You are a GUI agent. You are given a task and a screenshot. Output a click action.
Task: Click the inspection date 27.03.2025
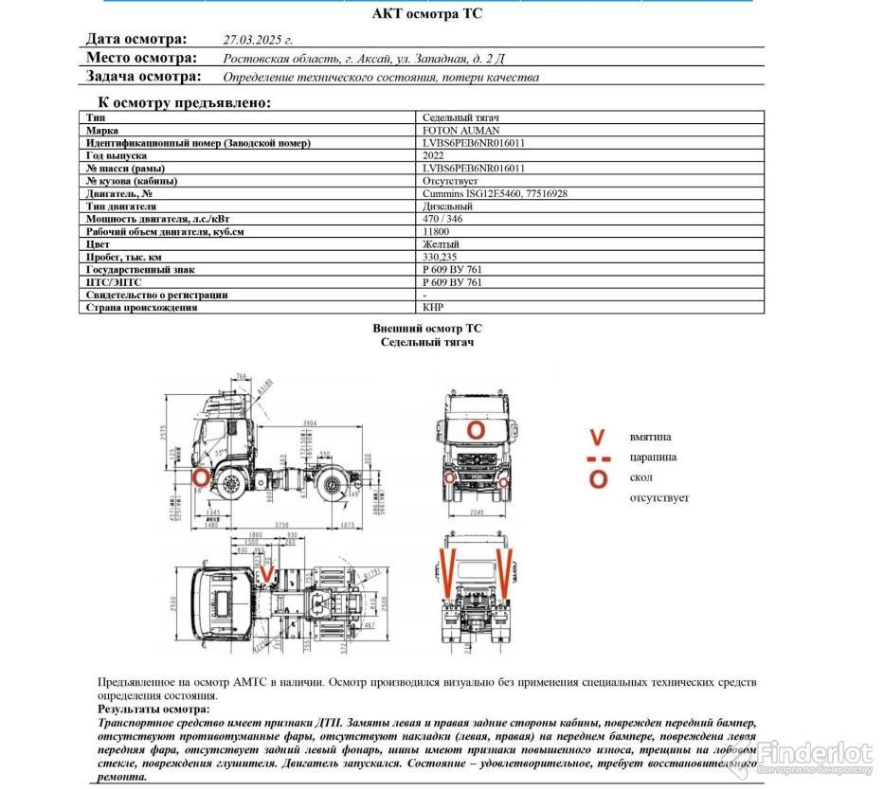point(258,40)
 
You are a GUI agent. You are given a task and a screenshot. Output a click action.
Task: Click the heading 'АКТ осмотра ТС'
point(433,13)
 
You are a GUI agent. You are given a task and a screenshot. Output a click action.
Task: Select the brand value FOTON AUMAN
point(460,130)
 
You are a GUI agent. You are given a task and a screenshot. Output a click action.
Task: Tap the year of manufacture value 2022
point(433,155)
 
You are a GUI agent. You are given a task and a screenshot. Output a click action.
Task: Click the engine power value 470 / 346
point(445,219)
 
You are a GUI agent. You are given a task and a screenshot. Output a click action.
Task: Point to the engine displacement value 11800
point(436,231)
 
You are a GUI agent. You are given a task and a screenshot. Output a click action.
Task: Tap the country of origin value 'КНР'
point(433,307)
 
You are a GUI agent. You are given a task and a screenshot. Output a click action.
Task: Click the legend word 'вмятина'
point(650,437)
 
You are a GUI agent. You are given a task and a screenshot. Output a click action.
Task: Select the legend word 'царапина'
point(653,458)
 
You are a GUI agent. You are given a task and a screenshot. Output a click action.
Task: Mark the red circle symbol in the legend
point(598,478)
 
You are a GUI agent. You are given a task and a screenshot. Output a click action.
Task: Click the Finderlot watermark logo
point(814,754)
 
